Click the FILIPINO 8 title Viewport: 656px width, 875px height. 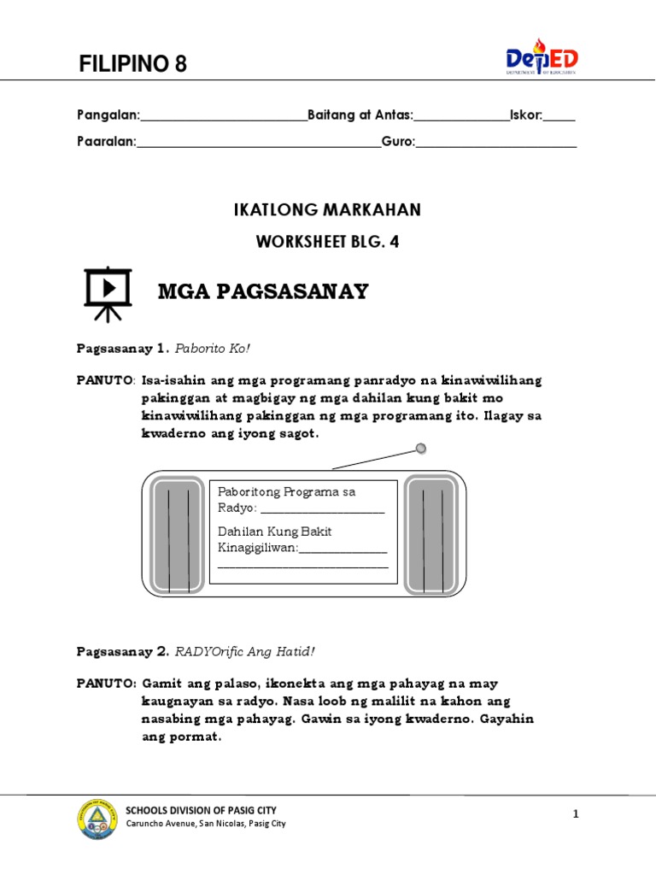pos(132,63)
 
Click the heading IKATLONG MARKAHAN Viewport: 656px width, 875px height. pos(327,209)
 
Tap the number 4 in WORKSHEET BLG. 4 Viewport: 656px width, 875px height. pos(394,242)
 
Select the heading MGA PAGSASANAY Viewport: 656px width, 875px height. pos(263,291)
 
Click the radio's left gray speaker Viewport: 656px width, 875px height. pos(179,536)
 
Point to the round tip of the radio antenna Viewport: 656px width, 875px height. pos(420,449)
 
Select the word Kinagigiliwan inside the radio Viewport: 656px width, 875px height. pos(257,547)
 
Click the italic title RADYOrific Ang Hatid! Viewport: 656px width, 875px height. pos(245,652)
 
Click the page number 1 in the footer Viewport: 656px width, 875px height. pos(576,814)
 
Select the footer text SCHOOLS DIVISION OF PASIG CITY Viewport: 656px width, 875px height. pos(201,810)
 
